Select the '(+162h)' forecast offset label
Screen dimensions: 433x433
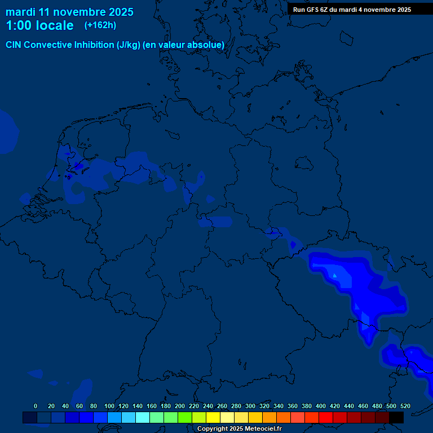[100, 25]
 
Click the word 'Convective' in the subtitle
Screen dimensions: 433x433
[49, 45]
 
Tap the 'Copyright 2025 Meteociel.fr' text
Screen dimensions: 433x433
[239, 429]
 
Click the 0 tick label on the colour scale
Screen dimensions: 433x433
[36, 406]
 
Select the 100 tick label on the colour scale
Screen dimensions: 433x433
[109, 406]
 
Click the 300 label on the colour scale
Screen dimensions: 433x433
[250, 406]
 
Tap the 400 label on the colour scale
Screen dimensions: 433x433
[321, 406]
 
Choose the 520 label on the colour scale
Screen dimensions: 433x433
[405, 406]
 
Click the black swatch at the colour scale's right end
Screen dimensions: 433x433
[396, 417]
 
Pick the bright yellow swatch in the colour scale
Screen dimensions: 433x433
[213, 417]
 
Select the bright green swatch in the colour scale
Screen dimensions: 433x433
[185, 417]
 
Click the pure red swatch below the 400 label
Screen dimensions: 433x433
[326, 417]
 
